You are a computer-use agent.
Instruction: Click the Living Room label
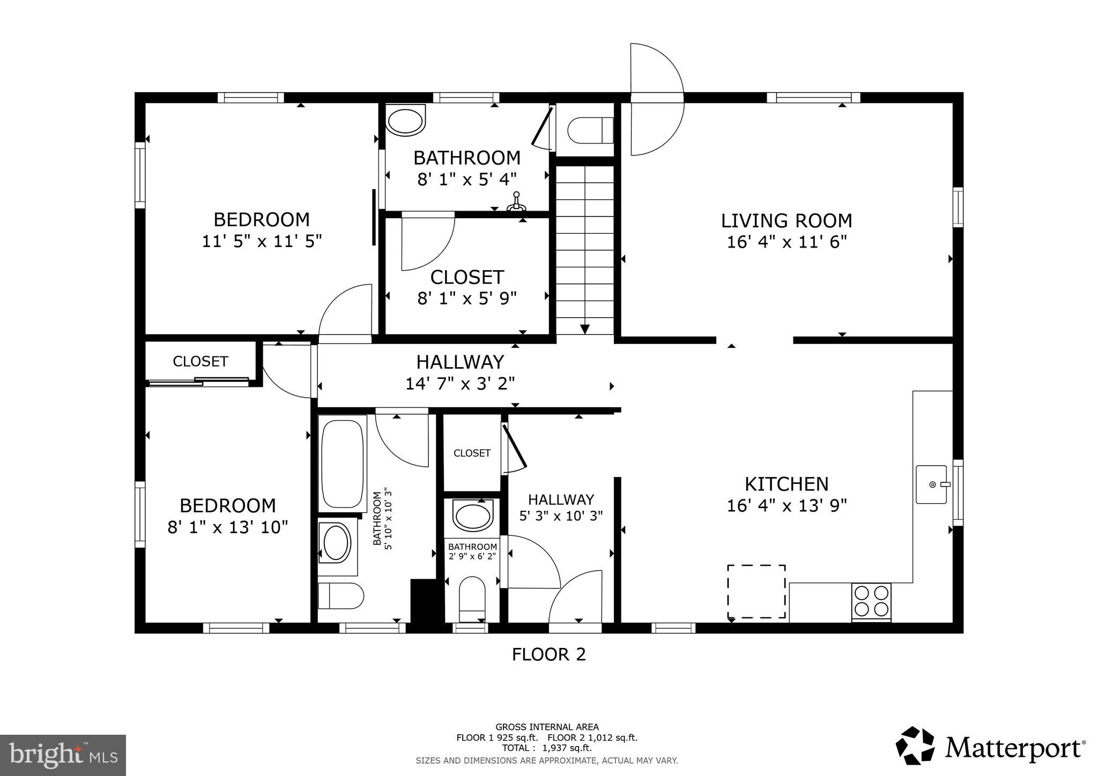point(786,221)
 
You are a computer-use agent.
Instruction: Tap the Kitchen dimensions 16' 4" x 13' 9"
point(787,506)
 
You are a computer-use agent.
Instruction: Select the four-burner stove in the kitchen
point(871,601)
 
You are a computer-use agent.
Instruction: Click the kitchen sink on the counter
point(932,484)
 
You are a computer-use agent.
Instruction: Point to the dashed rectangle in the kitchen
point(756,591)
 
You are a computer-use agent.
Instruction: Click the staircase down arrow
point(584,329)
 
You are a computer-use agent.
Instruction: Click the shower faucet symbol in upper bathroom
point(517,202)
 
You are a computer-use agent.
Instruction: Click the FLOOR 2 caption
point(548,654)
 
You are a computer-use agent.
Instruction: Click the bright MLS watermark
point(63,756)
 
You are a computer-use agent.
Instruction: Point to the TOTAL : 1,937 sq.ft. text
point(546,748)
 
